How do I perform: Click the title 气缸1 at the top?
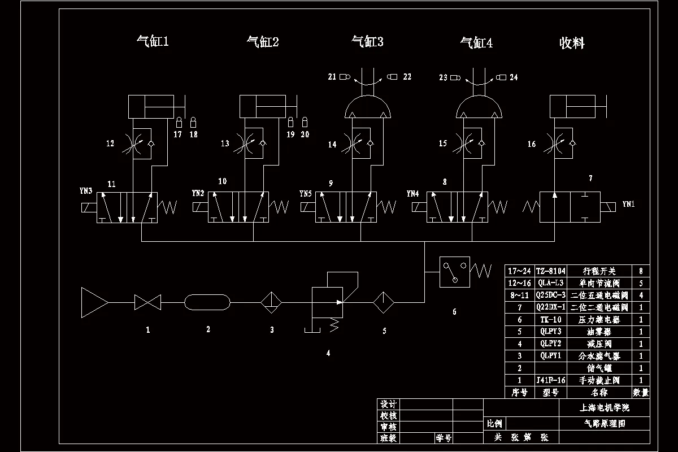pos(153,41)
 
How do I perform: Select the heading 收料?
pos(572,43)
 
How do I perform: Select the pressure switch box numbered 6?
pos(454,272)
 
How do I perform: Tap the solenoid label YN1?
pos(628,205)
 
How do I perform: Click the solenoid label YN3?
pos(86,192)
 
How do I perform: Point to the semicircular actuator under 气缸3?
pos(368,107)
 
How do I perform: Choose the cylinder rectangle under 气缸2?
pos(263,107)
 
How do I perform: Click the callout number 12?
pos(110,144)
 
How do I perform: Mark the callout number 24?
pos(514,77)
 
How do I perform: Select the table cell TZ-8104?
pos(550,271)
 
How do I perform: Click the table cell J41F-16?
pos(550,380)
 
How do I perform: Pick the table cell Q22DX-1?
pos(550,307)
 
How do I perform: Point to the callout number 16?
pos(532,144)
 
